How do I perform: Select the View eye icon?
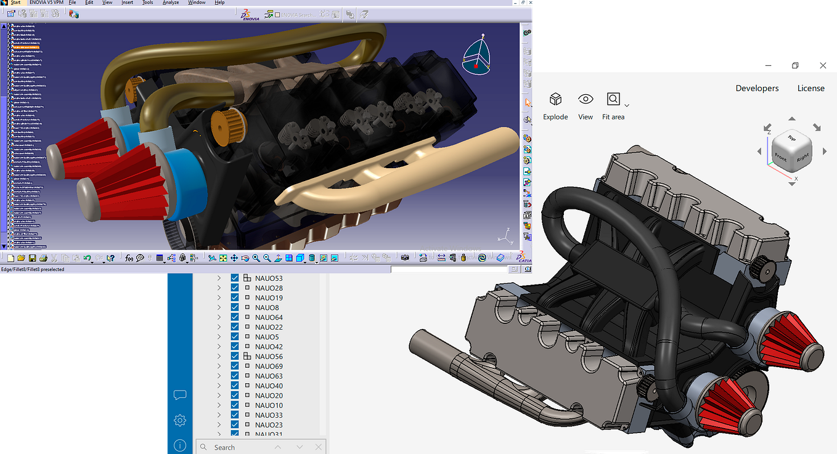(x=585, y=99)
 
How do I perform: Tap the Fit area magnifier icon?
(x=613, y=99)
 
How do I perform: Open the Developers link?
(x=757, y=88)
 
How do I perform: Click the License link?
(x=810, y=88)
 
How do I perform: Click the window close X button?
(x=823, y=65)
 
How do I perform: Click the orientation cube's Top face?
(x=792, y=139)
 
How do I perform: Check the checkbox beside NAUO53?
(x=235, y=278)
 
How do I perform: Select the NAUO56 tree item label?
(x=269, y=357)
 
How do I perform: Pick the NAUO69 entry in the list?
(x=269, y=367)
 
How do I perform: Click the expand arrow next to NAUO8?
(x=219, y=307)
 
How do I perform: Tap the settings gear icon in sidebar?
(x=180, y=420)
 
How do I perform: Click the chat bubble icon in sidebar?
(x=180, y=395)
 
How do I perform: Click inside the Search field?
(x=240, y=447)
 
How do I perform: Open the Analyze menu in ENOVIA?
(x=171, y=2)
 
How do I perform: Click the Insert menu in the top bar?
(x=127, y=2)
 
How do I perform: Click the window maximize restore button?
(x=795, y=65)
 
